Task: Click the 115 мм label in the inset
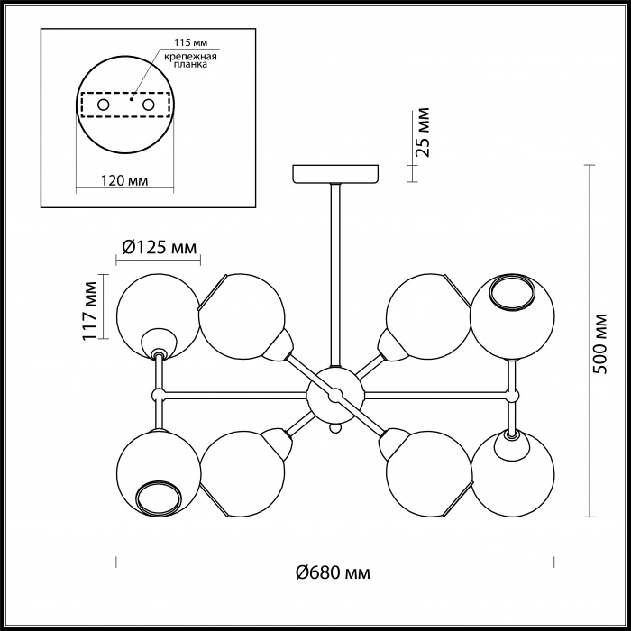(x=191, y=42)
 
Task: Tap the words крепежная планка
(x=191, y=60)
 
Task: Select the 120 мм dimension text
(x=124, y=180)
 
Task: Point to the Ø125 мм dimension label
(x=159, y=247)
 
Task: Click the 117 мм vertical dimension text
(x=90, y=311)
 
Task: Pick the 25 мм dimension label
(x=423, y=132)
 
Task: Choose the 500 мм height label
(x=600, y=343)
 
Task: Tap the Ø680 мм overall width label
(x=333, y=572)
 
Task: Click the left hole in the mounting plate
(x=104, y=105)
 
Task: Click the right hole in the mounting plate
(x=148, y=105)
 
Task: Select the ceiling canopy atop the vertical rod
(x=335, y=173)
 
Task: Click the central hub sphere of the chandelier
(x=335, y=396)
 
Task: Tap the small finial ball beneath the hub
(x=334, y=428)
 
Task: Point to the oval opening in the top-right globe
(x=512, y=292)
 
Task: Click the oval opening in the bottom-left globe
(x=158, y=498)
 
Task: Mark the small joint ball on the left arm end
(x=158, y=395)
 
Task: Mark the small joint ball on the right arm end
(x=512, y=397)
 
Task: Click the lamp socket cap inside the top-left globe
(x=159, y=343)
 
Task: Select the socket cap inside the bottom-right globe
(x=511, y=444)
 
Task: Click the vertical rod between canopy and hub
(x=335, y=275)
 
